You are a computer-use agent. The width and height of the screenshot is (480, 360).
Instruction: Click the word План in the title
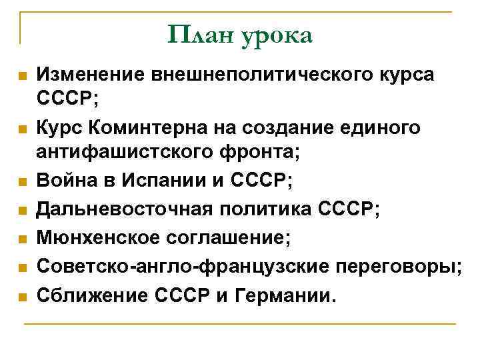(198, 34)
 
